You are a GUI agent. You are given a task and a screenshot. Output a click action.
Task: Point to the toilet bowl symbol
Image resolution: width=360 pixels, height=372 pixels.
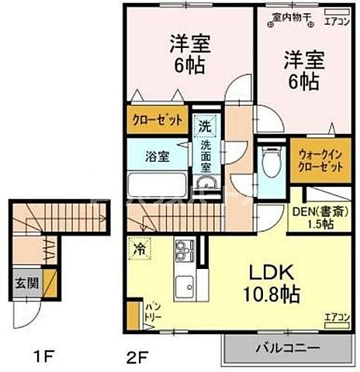(269, 163)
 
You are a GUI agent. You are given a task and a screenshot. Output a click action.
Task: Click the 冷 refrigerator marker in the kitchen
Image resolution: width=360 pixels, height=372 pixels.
(137, 250)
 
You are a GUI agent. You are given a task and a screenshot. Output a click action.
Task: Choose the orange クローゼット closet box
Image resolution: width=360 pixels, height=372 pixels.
(156, 121)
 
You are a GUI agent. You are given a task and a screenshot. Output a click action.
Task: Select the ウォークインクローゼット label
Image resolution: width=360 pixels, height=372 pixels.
(317, 160)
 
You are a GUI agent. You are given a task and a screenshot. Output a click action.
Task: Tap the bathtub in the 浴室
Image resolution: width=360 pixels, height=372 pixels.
(155, 187)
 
